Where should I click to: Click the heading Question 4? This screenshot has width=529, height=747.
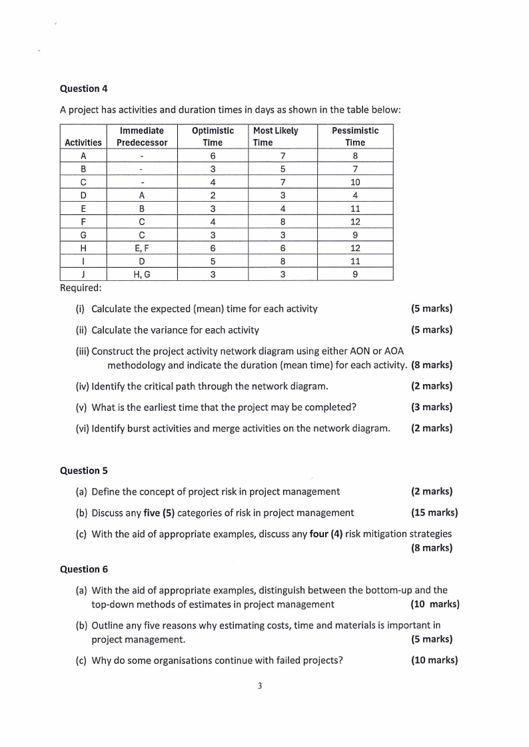click(x=84, y=89)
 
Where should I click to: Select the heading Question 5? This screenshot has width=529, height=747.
click(x=84, y=471)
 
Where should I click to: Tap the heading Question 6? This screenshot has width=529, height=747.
click(x=84, y=569)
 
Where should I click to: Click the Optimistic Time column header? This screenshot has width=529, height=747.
click(x=213, y=136)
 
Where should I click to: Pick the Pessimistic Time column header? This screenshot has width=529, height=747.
click(x=354, y=136)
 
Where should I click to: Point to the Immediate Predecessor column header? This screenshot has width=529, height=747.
click(x=142, y=136)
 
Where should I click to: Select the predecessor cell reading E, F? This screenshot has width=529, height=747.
click(x=142, y=248)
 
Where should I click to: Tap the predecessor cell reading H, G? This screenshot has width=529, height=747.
click(x=142, y=274)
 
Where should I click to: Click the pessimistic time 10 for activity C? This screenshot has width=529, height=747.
click(x=355, y=182)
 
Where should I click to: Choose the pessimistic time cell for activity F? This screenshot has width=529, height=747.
click(x=355, y=222)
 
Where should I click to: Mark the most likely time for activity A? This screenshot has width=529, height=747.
click(x=282, y=156)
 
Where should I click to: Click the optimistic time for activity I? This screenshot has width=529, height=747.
click(x=213, y=262)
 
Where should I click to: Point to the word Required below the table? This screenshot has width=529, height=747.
click(x=81, y=288)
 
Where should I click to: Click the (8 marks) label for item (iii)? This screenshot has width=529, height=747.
click(x=432, y=365)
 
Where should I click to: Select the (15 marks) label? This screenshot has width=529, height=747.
click(x=434, y=513)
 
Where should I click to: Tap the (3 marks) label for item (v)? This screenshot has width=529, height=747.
click(x=432, y=407)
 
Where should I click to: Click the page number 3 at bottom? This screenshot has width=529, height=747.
click(x=260, y=686)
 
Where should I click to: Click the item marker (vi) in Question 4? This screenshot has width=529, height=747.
click(x=83, y=428)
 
